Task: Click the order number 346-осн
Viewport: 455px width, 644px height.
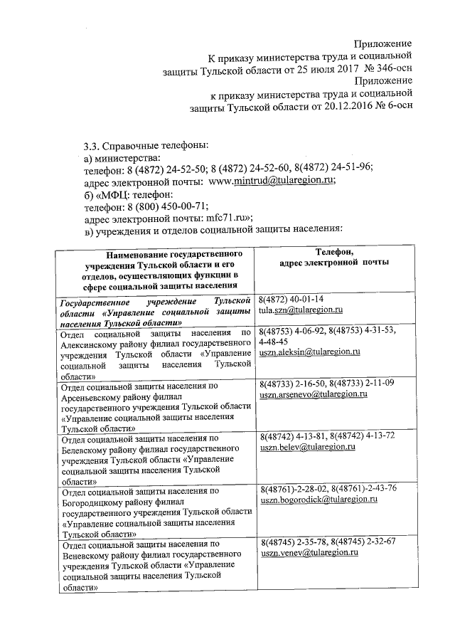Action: click(391, 68)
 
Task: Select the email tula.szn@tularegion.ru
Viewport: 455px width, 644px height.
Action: click(301, 310)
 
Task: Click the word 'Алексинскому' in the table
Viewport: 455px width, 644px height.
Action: click(92, 342)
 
